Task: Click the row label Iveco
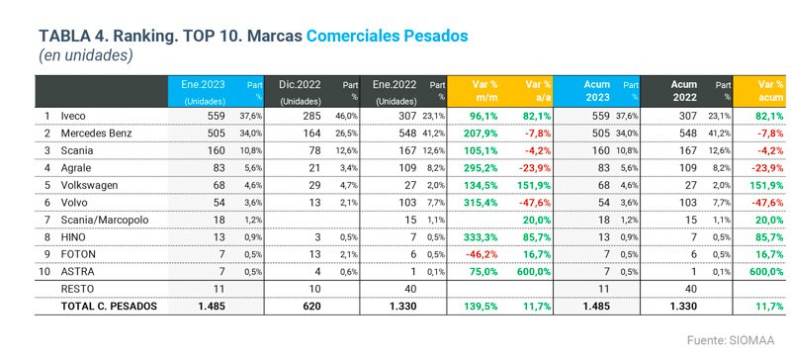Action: click(75, 116)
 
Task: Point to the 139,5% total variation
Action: click(478, 306)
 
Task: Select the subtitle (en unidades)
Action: click(85, 56)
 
